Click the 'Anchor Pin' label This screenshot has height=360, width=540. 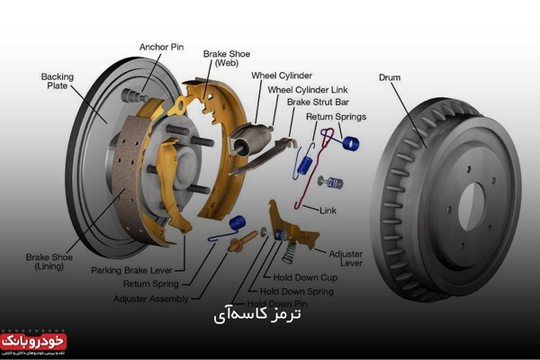(161, 47)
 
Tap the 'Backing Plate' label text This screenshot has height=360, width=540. (57, 81)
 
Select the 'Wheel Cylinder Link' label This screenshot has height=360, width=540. (307, 90)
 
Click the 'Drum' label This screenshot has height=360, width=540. (389, 77)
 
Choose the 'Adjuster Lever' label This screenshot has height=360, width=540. (345, 258)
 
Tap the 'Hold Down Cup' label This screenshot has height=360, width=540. (305, 277)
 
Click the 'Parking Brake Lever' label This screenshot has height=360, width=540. (131, 270)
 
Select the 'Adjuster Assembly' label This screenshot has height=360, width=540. (151, 299)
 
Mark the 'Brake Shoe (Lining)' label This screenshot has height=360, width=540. (49, 262)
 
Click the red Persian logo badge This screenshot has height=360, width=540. (34, 342)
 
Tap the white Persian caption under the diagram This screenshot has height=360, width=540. (257, 315)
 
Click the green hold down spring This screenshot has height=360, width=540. (288, 250)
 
